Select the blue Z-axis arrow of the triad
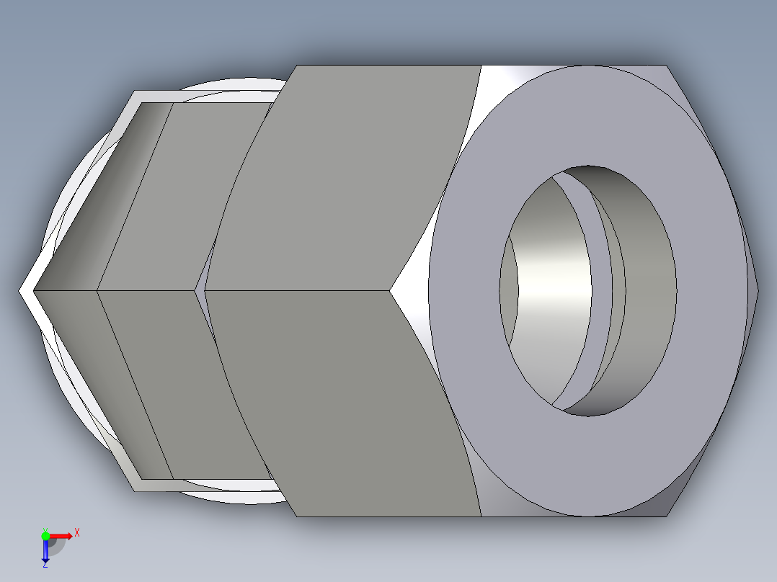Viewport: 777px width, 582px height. tap(45, 550)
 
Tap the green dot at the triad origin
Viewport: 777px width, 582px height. tap(45, 536)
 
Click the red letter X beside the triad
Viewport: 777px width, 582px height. tap(76, 533)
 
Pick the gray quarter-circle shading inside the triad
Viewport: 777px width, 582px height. tap(56, 545)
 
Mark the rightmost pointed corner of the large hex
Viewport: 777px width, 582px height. tap(757, 290)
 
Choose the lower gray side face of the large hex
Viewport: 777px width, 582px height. tap(339, 403)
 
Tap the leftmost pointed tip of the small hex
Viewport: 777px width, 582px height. tap(22, 291)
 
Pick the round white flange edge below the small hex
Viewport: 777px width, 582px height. tap(231, 496)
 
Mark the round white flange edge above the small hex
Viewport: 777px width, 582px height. tap(231, 84)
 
